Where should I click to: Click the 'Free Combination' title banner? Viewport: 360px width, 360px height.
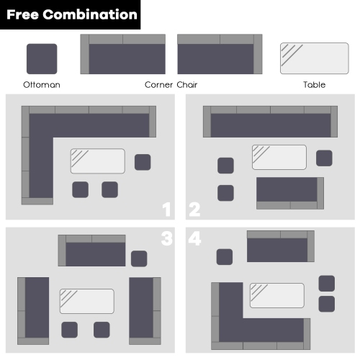click(x=70, y=14)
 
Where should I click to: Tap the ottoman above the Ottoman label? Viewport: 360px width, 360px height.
click(x=42, y=59)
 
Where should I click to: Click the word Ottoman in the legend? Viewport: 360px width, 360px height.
click(x=42, y=85)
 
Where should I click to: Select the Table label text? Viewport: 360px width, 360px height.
click(x=314, y=85)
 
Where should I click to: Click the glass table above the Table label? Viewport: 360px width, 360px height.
click(x=315, y=58)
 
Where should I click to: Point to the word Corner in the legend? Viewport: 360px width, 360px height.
click(x=158, y=85)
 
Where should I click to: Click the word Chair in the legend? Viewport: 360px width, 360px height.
click(x=187, y=85)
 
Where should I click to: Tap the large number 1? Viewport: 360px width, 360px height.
click(x=166, y=210)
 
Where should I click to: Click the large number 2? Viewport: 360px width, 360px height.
click(x=194, y=210)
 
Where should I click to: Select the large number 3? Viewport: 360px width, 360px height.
click(x=167, y=238)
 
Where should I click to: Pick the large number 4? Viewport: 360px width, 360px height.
click(x=194, y=238)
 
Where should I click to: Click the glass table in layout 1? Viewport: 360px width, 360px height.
click(x=98, y=161)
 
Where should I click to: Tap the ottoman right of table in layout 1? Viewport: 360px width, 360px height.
click(x=143, y=162)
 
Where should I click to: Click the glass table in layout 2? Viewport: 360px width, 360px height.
click(x=279, y=157)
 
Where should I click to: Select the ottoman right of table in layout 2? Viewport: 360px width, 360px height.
click(x=324, y=158)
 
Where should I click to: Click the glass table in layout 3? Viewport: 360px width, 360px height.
click(x=87, y=301)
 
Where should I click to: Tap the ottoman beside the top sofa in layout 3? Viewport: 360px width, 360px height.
click(x=139, y=258)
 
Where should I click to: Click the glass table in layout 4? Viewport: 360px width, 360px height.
click(x=277, y=295)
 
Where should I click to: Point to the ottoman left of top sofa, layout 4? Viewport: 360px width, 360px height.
click(x=225, y=257)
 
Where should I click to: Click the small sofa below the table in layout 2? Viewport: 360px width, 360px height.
click(x=290, y=193)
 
